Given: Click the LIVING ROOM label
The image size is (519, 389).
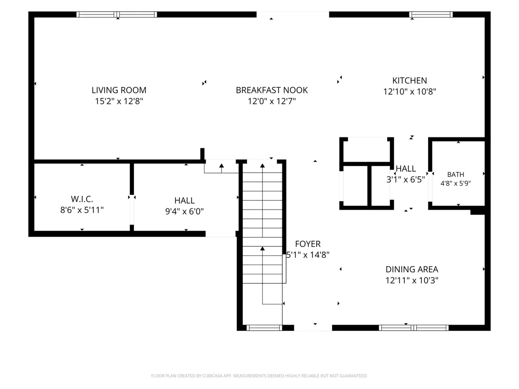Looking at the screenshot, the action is click(119, 90).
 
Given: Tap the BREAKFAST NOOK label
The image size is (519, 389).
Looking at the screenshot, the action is click(272, 90).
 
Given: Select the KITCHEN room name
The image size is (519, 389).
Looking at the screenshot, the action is click(409, 80).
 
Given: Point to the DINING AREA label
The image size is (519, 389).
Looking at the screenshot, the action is click(412, 269).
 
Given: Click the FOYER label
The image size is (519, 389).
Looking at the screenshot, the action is click(308, 244).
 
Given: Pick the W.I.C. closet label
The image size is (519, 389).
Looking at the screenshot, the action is click(82, 199).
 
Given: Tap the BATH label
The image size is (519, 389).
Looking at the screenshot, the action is click(456, 174).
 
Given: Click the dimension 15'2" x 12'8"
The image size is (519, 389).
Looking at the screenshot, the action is click(119, 101).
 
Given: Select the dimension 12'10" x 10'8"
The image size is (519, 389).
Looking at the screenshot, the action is click(409, 91).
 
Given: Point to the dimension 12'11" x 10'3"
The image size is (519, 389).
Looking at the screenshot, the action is click(412, 280).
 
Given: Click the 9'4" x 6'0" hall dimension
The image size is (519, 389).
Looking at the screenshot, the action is click(184, 211).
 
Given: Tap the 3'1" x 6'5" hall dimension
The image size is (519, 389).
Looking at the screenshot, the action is click(405, 179).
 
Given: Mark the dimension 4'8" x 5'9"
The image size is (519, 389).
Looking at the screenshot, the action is click(456, 183).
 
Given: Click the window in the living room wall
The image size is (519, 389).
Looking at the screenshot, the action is click(116, 15).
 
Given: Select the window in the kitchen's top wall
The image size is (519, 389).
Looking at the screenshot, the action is click(431, 15).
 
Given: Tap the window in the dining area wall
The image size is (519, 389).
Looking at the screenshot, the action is click(414, 328).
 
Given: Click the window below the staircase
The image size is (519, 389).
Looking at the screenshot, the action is click(264, 328).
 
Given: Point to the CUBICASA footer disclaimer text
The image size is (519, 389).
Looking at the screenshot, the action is click(259, 376).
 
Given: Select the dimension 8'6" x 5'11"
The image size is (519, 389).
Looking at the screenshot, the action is click(82, 210).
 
